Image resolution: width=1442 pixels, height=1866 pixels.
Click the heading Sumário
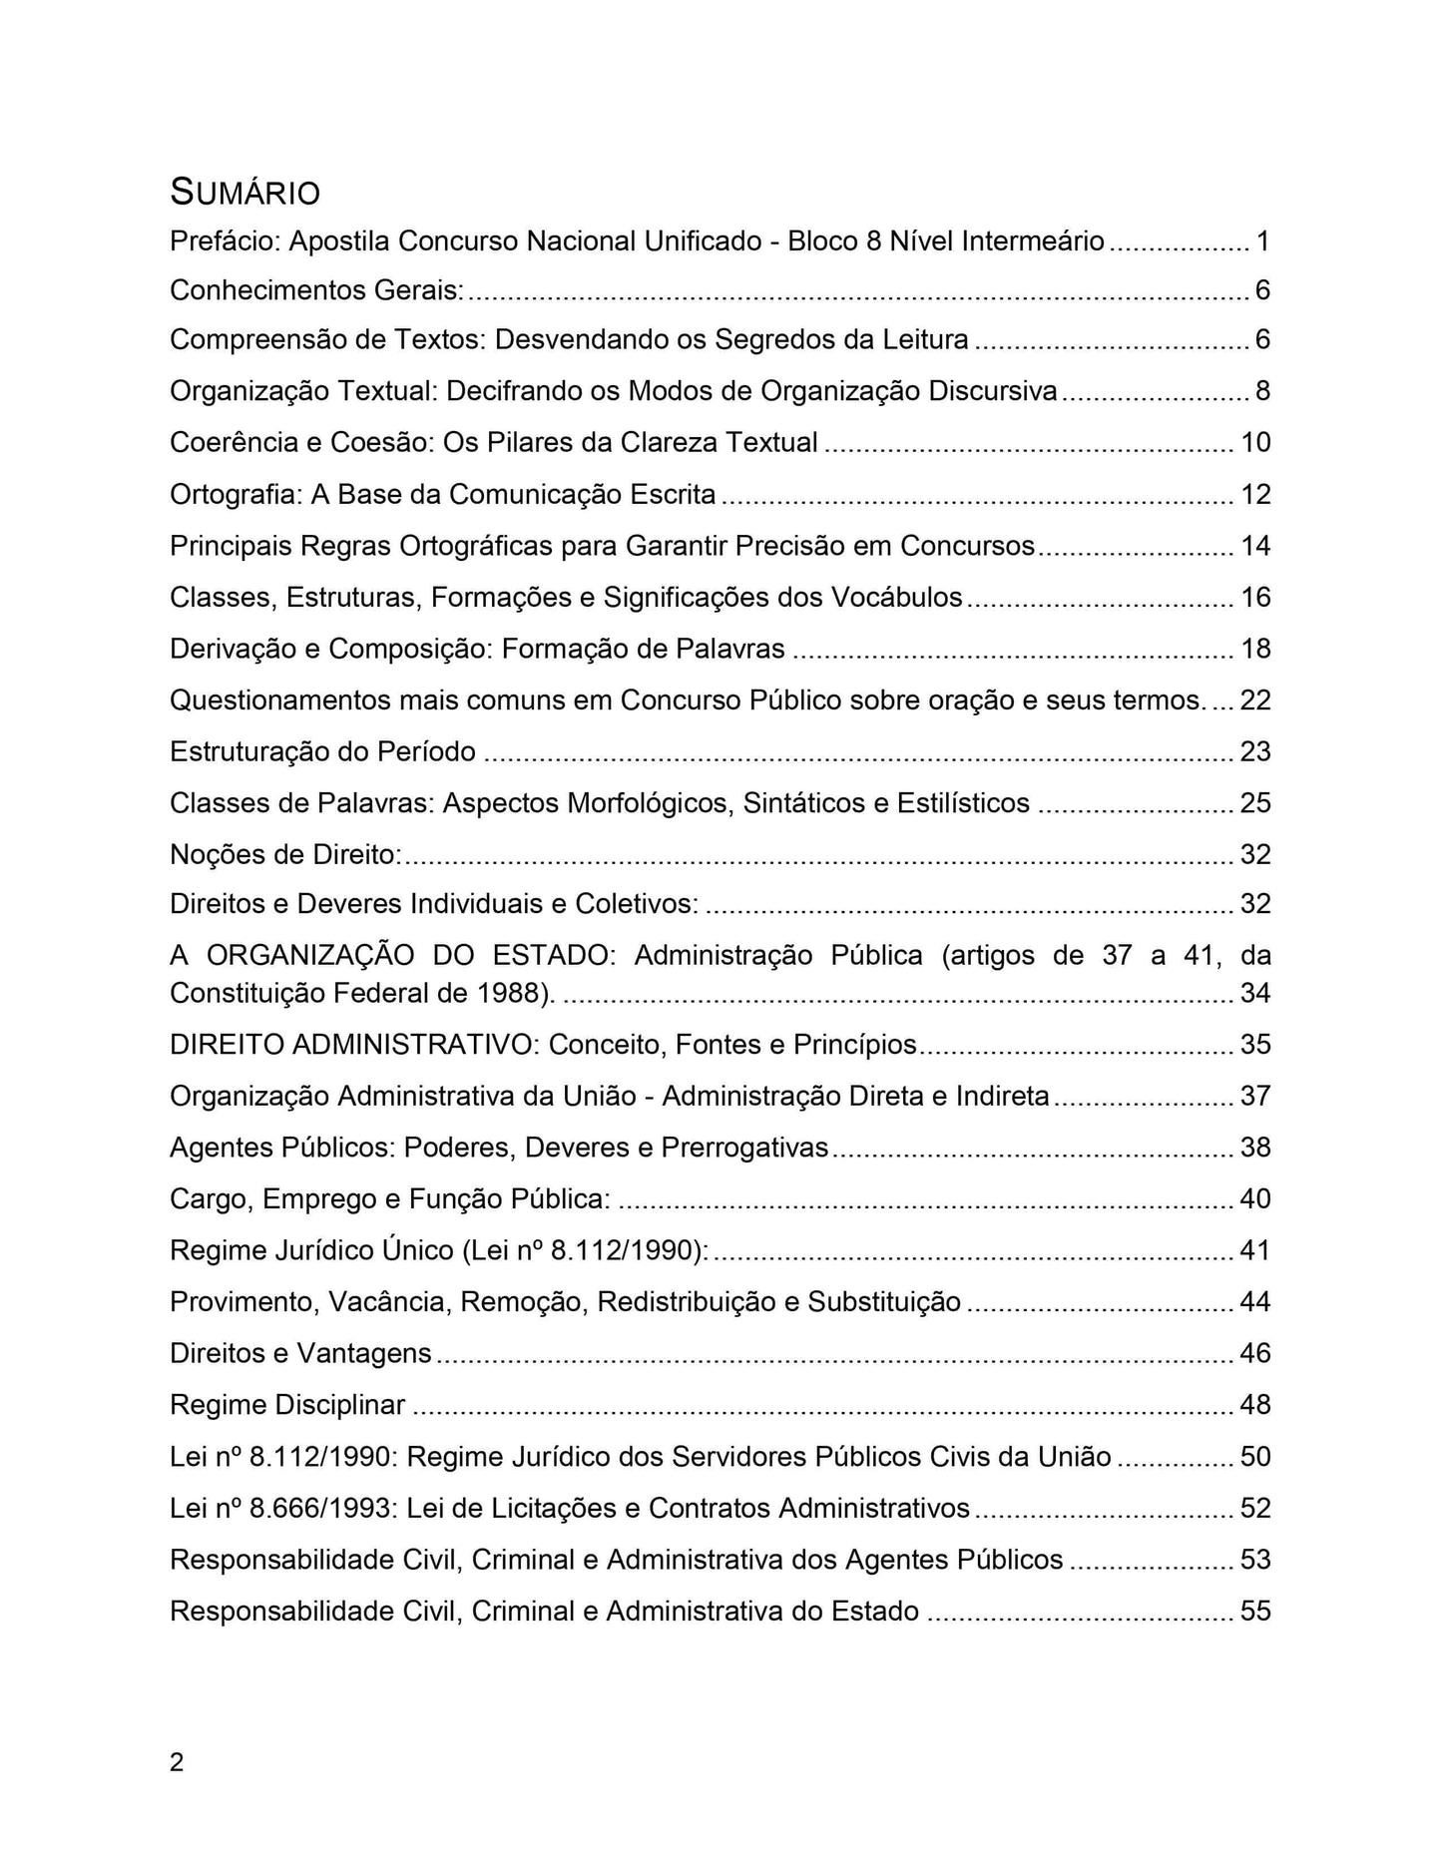pyautogui.click(x=244, y=192)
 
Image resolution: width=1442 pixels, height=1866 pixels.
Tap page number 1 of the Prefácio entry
pyautogui.click(x=1262, y=241)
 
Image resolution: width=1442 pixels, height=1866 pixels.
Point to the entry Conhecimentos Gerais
pyautogui.click(x=316, y=290)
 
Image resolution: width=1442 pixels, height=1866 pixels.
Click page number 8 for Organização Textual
pyautogui.click(x=1262, y=391)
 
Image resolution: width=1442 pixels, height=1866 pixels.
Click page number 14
pyautogui.click(x=1255, y=546)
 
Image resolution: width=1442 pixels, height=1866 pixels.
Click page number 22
pyautogui.click(x=1255, y=700)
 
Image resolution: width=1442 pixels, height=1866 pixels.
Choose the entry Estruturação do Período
pyautogui.click(x=322, y=751)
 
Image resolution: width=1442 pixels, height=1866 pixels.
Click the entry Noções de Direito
pyautogui.click(x=285, y=855)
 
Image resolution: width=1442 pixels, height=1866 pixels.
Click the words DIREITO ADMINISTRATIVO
pyautogui.click(x=354, y=1045)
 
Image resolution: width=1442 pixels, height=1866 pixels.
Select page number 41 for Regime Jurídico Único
pyautogui.click(x=1255, y=1250)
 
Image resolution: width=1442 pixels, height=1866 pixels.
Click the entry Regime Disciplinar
pyautogui.click(x=287, y=1405)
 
